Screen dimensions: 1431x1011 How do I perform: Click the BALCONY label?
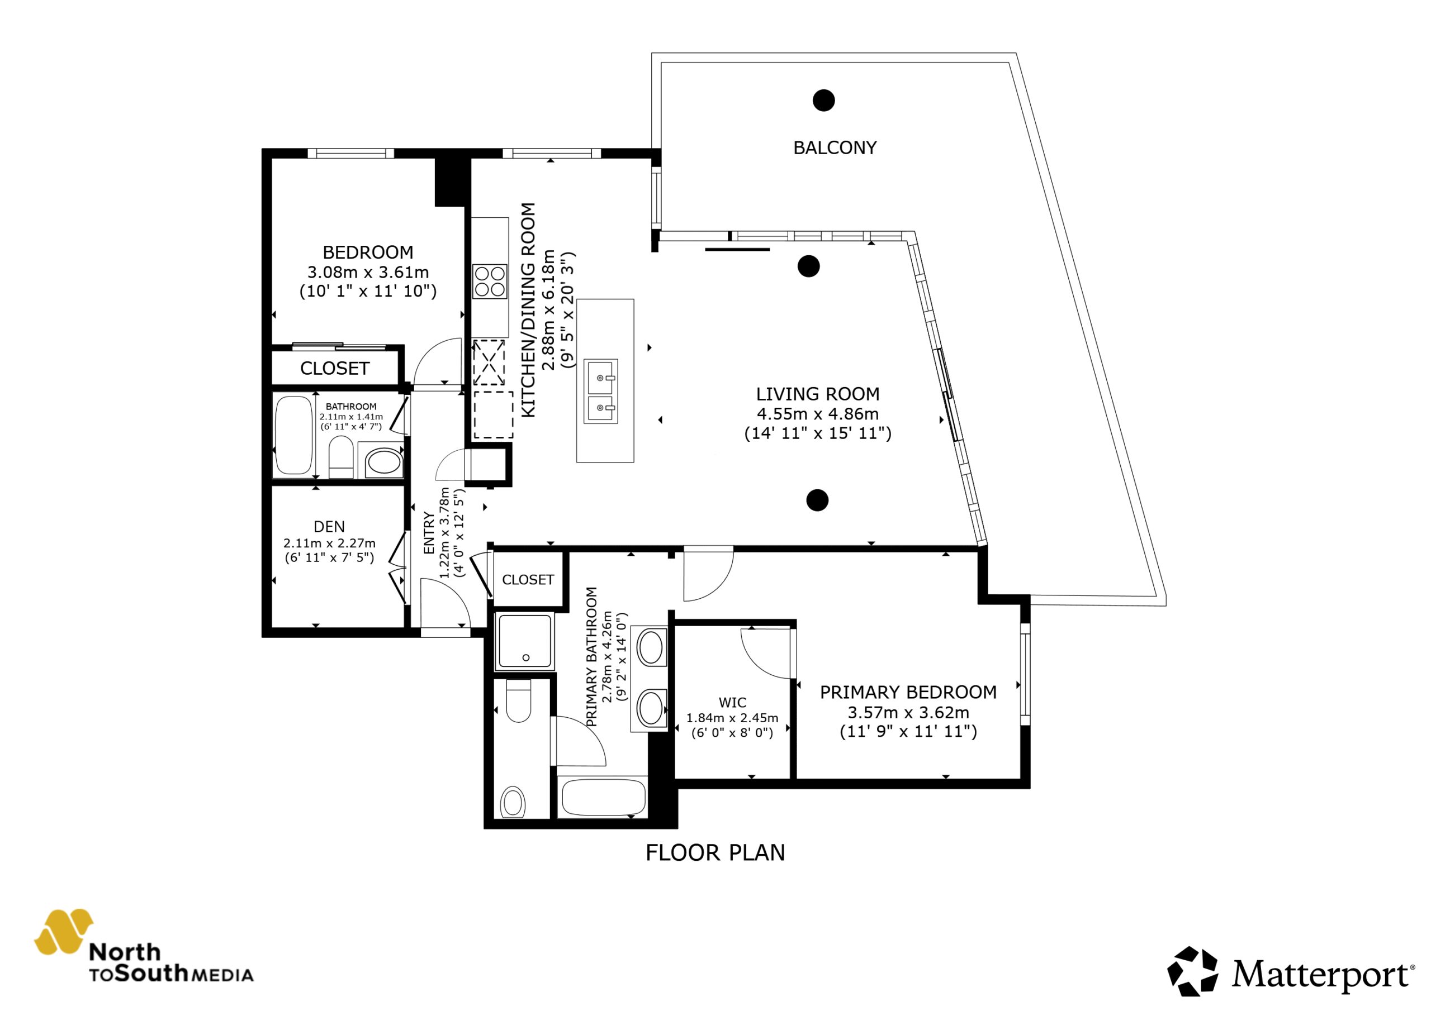[835, 147]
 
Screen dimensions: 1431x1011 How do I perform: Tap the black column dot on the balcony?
[823, 101]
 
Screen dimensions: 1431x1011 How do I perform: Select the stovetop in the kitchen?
[489, 282]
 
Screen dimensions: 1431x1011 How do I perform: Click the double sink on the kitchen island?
[601, 391]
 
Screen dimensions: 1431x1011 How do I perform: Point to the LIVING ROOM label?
[818, 394]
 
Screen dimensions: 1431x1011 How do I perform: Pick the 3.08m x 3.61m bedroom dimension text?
[368, 272]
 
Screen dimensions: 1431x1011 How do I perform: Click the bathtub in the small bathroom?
[293, 435]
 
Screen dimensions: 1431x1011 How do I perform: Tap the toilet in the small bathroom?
[340, 456]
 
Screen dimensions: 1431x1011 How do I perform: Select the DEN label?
[329, 527]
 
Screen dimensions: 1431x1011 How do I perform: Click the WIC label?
[732, 703]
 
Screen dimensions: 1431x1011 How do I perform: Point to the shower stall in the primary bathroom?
[524, 641]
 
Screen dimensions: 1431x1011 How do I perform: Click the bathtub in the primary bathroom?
[603, 797]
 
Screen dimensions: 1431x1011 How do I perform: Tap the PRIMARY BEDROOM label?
[908, 692]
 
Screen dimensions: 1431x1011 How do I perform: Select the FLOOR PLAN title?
[715, 853]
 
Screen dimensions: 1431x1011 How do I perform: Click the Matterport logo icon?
[1192, 971]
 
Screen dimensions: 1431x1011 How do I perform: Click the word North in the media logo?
[125, 952]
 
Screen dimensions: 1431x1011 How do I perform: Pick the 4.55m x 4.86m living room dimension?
[818, 414]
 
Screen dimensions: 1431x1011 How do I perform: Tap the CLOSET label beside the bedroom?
[335, 369]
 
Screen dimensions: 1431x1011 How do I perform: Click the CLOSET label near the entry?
[528, 580]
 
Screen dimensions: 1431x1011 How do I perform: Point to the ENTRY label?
[429, 533]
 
